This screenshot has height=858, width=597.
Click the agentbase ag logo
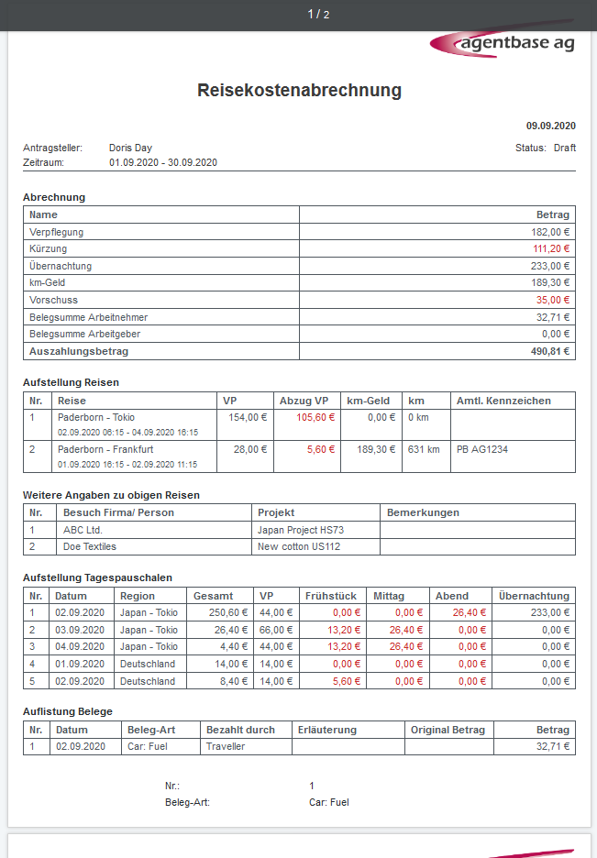(x=503, y=43)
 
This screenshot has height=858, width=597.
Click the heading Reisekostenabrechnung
(x=299, y=90)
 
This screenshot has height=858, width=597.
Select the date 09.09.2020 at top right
(x=550, y=126)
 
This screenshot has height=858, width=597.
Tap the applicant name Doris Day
(x=130, y=148)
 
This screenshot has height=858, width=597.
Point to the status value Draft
(x=565, y=148)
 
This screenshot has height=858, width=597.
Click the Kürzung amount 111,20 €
(x=551, y=248)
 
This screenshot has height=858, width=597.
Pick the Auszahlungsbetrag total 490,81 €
(x=550, y=351)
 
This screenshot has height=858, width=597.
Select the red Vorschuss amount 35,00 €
(x=554, y=300)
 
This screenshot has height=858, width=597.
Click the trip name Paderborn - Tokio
(x=96, y=417)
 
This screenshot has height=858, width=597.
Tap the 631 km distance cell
(x=423, y=449)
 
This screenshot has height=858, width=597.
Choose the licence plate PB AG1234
(x=481, y=449)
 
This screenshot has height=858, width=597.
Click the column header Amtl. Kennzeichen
(x=503, y=401)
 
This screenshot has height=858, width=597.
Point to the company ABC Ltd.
(x=84, y=529)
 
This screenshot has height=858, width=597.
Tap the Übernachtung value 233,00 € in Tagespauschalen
(x=550, y=612)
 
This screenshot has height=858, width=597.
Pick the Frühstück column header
(x=332, y=596)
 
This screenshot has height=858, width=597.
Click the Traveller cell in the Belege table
(x=226, y=746)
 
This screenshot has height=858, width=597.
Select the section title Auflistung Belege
(x=68, y=710)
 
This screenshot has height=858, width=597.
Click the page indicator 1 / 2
(x=318, y=14)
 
